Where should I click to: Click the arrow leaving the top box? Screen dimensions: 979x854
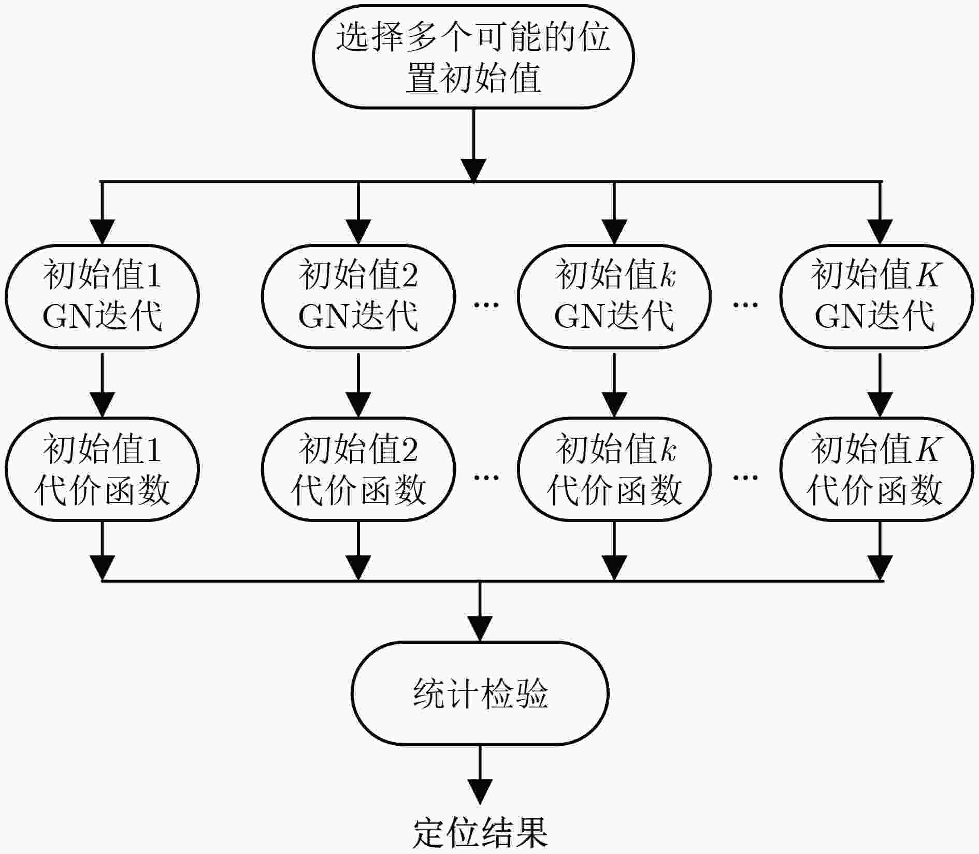pyautogui.click(x=473, y=146)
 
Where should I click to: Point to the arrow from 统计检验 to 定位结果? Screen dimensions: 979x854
pyautogui.click(x=480, y=775)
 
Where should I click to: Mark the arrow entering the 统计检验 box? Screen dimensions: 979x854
pyautogui.click(x=480, y=612)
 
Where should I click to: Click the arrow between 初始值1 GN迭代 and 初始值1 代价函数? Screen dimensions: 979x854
pyautogui.click(x=102, y=383)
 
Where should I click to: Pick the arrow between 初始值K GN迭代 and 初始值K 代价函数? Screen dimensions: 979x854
pyautogui.click(x=879, y=383)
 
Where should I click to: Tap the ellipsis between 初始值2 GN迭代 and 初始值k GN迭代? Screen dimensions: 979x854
pyautogui.click(x=486, y=305)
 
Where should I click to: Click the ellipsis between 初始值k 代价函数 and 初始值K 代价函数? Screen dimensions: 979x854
pyautogui.click(x=745, y=477)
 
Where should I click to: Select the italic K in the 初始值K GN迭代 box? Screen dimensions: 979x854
pyautogui.click(x=925, y=275)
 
